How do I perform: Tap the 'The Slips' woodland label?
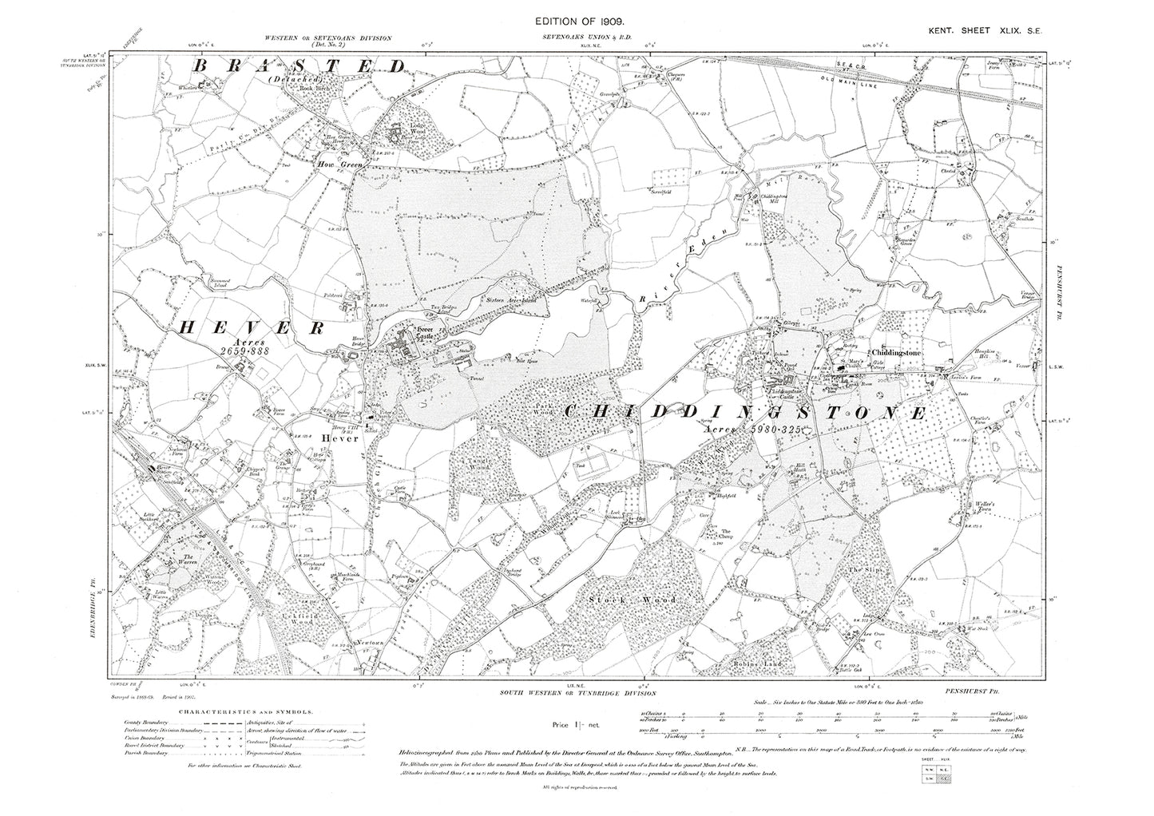pos(857,569)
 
